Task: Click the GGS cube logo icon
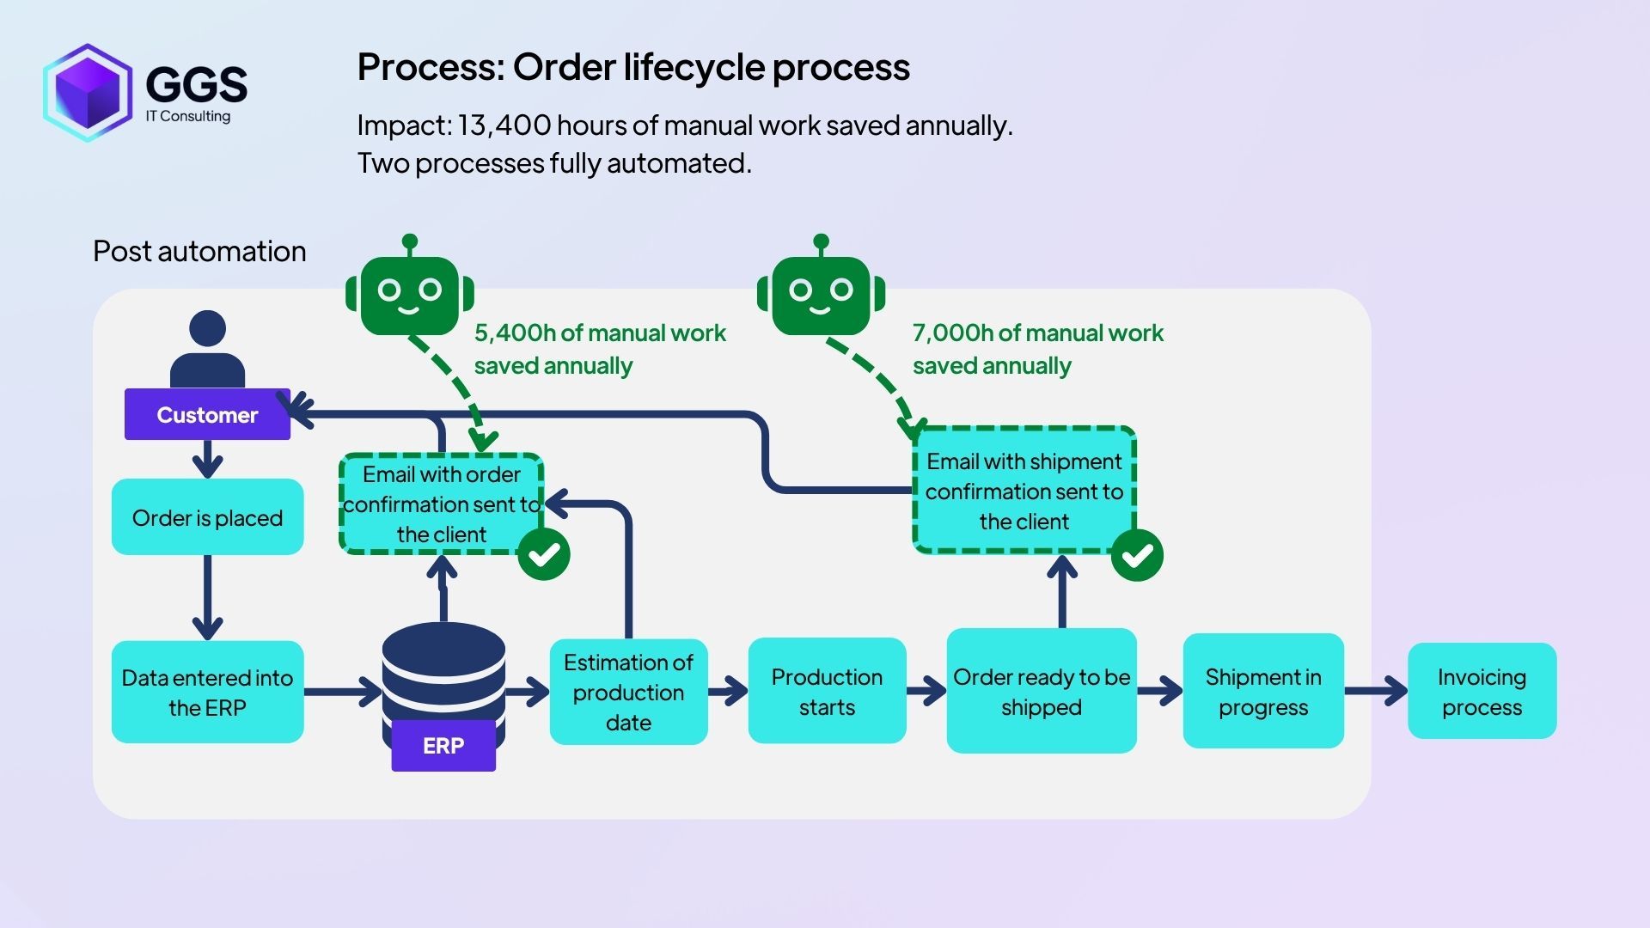pos(88,92)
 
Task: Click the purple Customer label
pos(207,415)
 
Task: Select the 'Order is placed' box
pos(207,517)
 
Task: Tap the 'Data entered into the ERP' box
pos(207,692)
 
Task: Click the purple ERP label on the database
pos(443,745)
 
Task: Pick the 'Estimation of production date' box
pos(628,692)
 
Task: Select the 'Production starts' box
pos(827,691)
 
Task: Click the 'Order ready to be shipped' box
pos(1042,691)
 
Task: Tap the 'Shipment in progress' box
pos(1262,691)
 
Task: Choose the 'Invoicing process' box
pos(1482,691)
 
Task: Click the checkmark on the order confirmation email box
pos(544,554)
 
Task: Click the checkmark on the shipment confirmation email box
pos(1137,555)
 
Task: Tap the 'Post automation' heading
pos(199,252)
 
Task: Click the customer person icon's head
pos(207,329)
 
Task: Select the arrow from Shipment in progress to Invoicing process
pos(1375,690)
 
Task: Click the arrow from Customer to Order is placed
pos(207,460)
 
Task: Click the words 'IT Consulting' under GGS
pos(188,116)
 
